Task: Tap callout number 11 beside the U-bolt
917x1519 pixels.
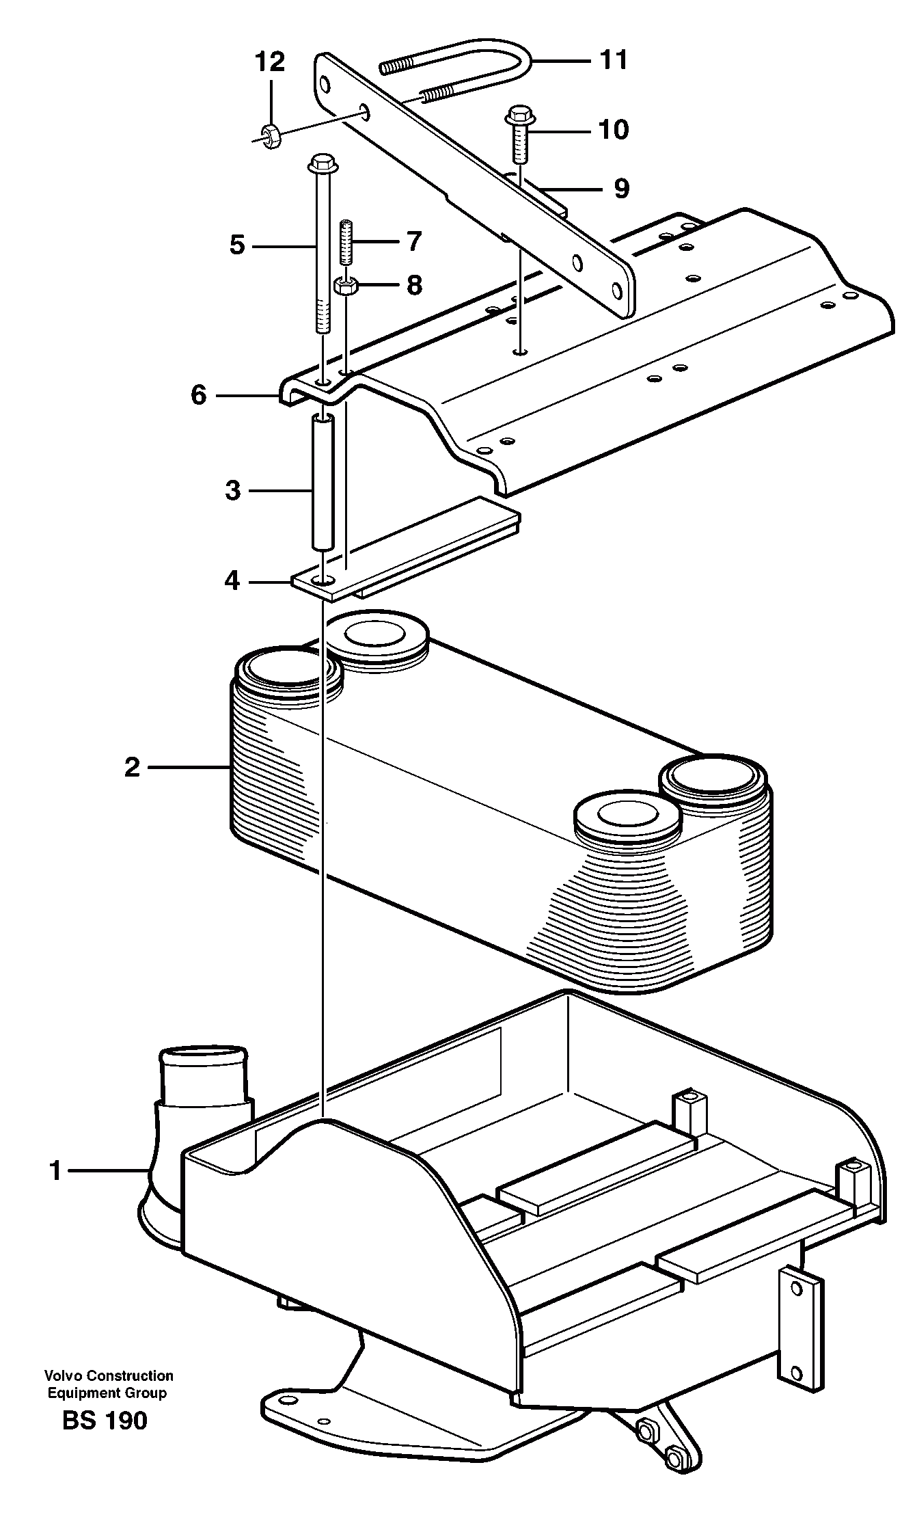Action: [x=613, y=60]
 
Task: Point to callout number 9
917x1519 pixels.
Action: [x=620, y=188]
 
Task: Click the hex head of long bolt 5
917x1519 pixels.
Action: [x=321, y=163]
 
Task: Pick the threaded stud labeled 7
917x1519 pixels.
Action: [x=346, y=243]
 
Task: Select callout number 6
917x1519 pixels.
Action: [x=198, y=394]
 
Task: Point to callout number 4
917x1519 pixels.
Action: [x=232, y=580]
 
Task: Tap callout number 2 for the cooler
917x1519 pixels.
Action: [x=132, y=767]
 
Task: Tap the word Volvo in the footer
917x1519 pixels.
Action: [x=60, y=1375]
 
